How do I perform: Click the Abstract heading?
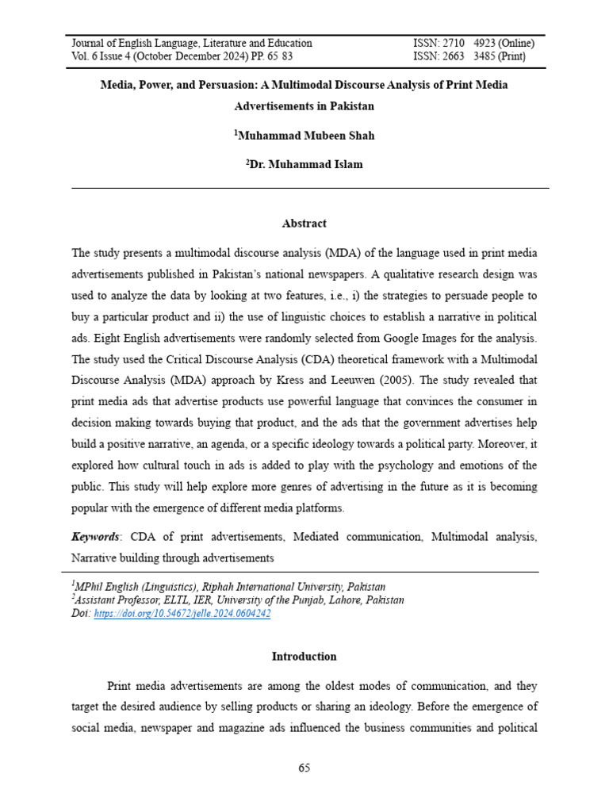pos(304,224)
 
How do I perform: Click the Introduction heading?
pos(304,657)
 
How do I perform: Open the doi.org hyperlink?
pos(182,614)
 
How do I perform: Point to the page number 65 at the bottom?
pos(304,768)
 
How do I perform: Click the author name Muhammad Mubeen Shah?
pos(306,136)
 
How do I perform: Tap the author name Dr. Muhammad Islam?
pos(306,165)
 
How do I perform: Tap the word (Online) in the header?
pos(515,44)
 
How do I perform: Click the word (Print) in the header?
pos(516,57)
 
